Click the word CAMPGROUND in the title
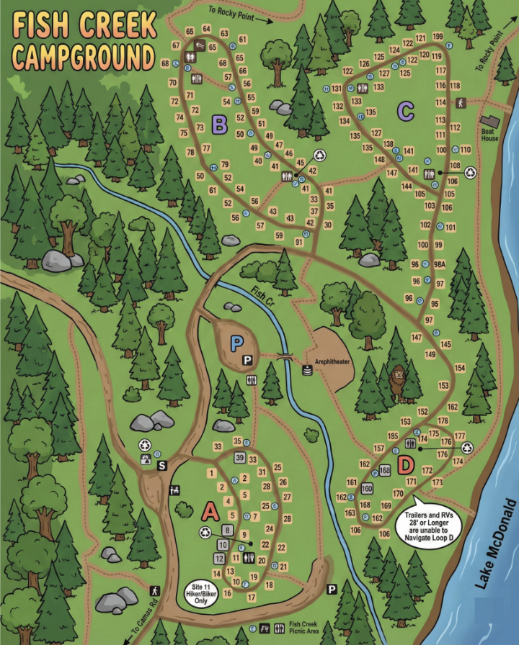point(84,56)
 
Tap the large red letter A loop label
point(210,511)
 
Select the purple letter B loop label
point(220,125)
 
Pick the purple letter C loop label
point(406,111)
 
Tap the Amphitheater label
point(332,362)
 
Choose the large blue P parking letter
point(236,343)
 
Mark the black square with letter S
point(162,466)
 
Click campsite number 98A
point(439,265)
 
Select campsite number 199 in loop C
point(438,37)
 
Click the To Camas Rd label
point(146,612)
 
